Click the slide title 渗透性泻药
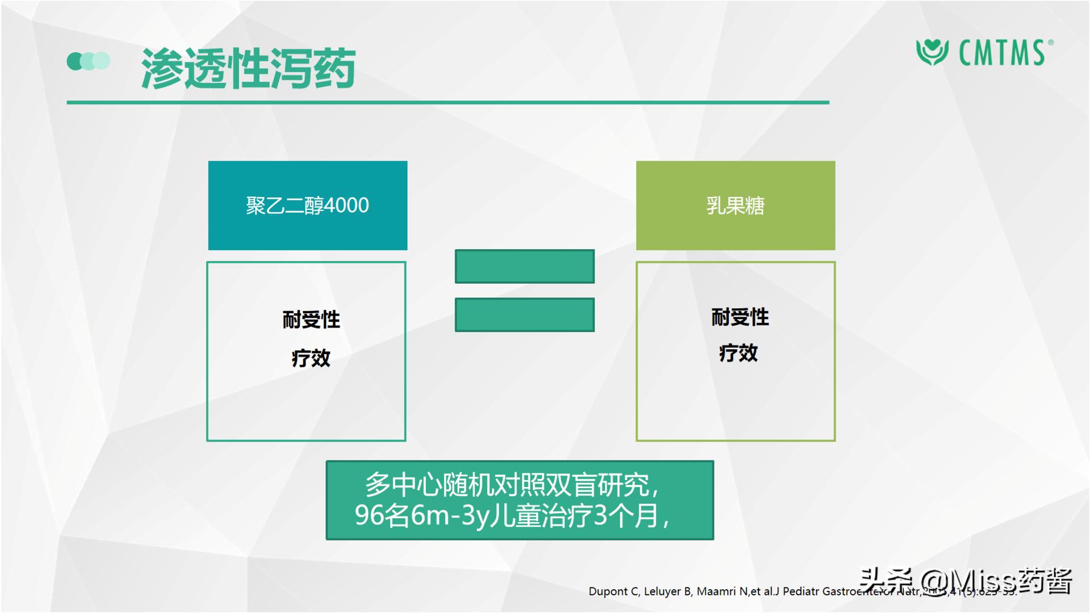click(248, 69)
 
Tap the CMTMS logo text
click(1002, 53)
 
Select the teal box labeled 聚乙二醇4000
click(308, 205)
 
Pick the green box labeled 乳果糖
click(735, 205)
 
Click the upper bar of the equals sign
click(525, 266)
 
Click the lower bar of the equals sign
click(525, 314)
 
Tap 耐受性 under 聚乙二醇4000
click(311, 320)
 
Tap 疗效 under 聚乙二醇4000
click(311, 358)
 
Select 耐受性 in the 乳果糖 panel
click(740, 317)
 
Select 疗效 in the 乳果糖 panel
click(738, 353)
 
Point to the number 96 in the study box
click(369, 515)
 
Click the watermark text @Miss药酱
click(996, 581)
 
